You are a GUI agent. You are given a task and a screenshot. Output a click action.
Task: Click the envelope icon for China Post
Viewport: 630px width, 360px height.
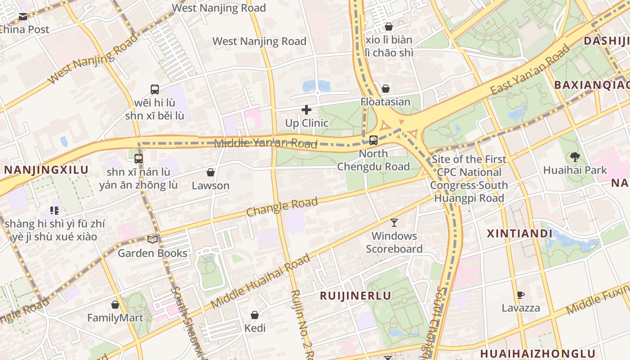(23, 17)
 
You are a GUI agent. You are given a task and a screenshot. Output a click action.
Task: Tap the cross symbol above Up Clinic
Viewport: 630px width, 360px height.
(306, 109)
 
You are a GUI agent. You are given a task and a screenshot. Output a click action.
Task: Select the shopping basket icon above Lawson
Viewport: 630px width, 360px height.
(210, 172)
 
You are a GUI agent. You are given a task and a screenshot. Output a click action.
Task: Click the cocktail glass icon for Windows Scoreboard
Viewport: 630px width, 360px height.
(394, 222)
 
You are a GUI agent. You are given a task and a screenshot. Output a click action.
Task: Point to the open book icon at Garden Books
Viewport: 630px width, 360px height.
(153, 240)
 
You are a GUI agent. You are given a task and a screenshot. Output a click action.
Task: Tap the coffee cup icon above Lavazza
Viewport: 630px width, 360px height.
(521, 295)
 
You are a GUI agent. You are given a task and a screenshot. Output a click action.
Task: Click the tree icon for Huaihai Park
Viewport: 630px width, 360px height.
(575, 157)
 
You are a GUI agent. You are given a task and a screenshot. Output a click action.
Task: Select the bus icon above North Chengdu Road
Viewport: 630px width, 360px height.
(373, 140)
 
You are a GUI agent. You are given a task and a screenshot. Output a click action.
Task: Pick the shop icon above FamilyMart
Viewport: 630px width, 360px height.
(115, 305)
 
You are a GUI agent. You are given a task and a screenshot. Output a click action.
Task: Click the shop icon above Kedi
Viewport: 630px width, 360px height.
(255, 315)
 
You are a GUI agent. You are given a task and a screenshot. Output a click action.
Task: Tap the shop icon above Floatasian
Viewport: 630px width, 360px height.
(385, 89)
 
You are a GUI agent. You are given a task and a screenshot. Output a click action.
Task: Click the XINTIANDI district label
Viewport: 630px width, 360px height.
(520, 234)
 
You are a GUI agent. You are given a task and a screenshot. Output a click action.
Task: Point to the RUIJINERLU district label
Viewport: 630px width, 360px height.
(355, 296)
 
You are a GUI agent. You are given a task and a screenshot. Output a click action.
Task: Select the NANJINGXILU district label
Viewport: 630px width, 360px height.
(46, 170)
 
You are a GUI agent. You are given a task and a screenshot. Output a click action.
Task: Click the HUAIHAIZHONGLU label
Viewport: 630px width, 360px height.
(538, 353)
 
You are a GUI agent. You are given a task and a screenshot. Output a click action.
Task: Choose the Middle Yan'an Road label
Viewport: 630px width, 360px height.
(265, 144)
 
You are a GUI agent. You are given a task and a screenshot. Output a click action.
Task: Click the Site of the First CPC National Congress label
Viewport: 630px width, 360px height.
(469, 172)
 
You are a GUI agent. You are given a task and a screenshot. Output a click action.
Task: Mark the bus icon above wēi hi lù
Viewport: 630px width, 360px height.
(155, 89)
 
